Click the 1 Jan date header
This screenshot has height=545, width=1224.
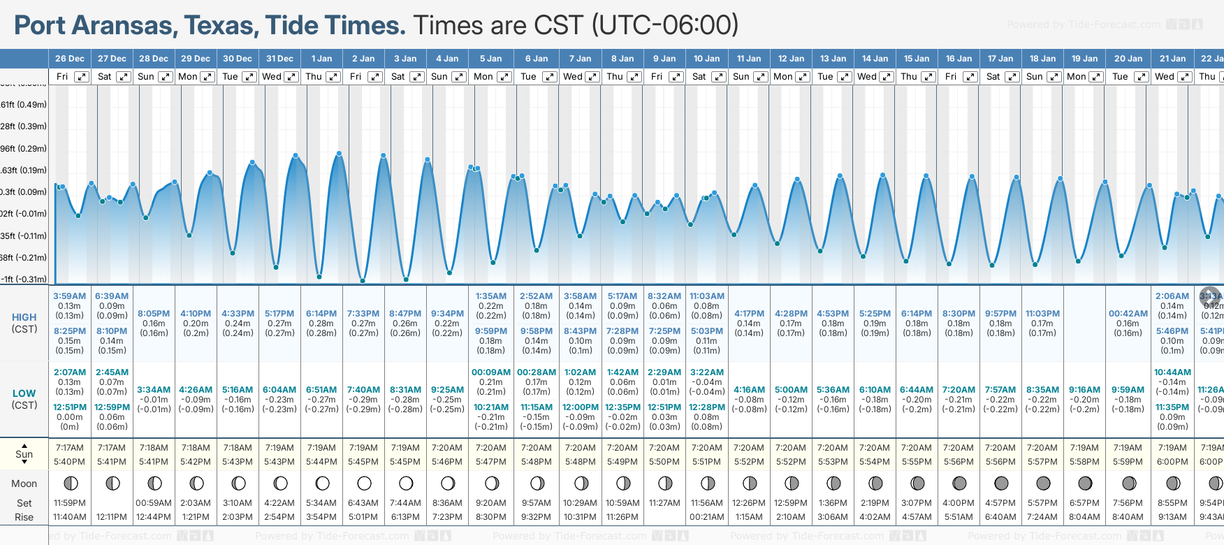[321, 59]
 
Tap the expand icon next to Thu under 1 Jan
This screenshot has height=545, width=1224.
[333, 77]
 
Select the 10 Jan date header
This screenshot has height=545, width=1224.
[706, 59]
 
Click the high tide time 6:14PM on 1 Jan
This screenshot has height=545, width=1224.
[321, 314]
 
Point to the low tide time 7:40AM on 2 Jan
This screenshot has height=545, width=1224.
[363, 390]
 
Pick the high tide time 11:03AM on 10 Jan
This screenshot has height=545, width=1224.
[706, 296]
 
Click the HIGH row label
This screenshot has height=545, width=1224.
[24, 317]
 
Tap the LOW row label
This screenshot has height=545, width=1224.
[24, 393]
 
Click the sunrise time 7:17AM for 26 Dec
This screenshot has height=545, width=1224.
[70, 448]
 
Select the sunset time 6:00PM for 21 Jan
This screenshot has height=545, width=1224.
[1172, 462]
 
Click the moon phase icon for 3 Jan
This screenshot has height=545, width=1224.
[406, 484]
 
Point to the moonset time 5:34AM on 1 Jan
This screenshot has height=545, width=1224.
[321, 503]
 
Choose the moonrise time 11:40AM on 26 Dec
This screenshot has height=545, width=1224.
[70, 517]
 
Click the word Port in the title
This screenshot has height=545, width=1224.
[41, 26]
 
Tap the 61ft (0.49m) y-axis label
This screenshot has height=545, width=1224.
[24, 105]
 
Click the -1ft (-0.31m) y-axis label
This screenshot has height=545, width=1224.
[24, 279]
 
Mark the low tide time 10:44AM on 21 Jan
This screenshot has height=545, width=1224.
[1172, 372]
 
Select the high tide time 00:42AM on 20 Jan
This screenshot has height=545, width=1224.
[1128, 314]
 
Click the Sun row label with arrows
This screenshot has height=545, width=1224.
[24, 454]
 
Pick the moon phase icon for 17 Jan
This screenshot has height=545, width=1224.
[1001, 484]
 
